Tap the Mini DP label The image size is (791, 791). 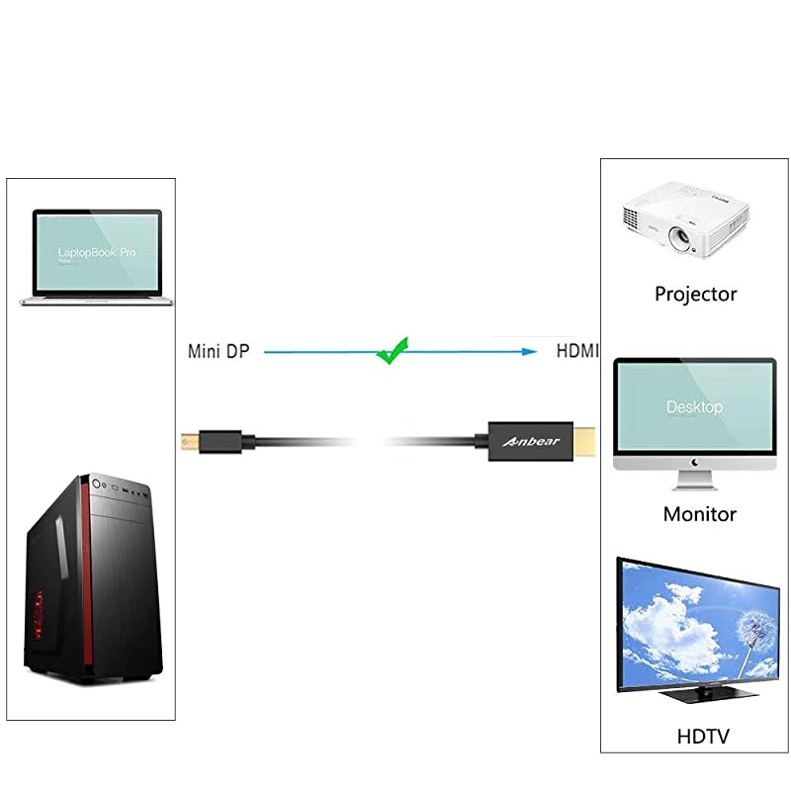coord(219,351)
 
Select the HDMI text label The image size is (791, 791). coord(577,351)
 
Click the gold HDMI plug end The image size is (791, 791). coord(587,440)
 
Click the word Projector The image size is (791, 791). coord(695,294)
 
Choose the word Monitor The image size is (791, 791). coord(699,514)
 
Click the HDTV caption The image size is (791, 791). coord(704,737)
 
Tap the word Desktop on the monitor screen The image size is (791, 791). coord(694,407)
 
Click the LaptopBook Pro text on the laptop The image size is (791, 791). coord(97,254)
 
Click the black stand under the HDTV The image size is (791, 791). coord(698,696)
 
